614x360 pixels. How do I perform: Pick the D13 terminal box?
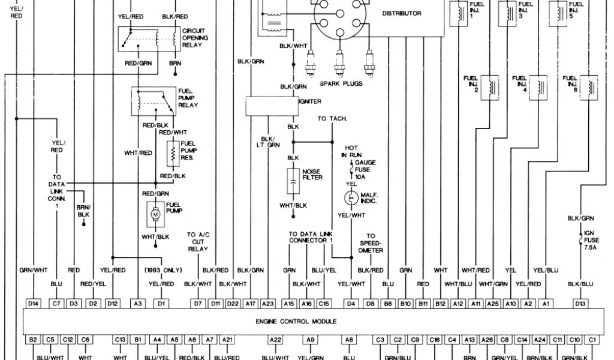click(580, 304)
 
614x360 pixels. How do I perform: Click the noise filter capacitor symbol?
click(294, 178)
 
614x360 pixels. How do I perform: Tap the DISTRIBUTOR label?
click(401, 13)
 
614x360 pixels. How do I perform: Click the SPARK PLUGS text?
click(341, 84)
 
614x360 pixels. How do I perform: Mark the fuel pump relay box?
click(155, 101)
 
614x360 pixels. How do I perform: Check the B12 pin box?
click(441, 304)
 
